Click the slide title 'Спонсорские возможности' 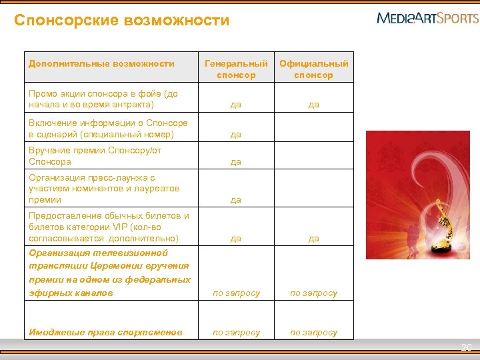121,21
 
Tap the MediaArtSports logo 427,17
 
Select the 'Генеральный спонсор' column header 236,69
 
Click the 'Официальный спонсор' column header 313,69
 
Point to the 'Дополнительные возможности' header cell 101,64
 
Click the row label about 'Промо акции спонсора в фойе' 103,99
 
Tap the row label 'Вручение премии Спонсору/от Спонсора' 95,156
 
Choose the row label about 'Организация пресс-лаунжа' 104,189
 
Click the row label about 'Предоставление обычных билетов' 109,227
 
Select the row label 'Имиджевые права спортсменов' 105,332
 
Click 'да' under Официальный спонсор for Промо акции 313,105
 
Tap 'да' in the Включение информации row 236,135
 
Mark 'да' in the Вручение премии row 236,162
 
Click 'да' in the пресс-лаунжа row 236,200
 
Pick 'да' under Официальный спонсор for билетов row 313,239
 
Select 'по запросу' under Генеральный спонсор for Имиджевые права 236,332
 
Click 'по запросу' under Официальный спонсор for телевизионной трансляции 313,293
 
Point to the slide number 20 467,347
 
